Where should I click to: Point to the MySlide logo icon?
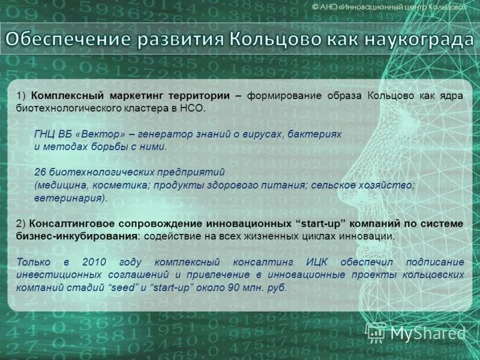pyautogui.click(x=376, y=332)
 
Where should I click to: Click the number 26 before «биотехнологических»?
pyautogui.click(x=40, y=172)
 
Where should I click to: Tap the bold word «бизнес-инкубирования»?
pyautogui.click(x=77, y=236)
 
